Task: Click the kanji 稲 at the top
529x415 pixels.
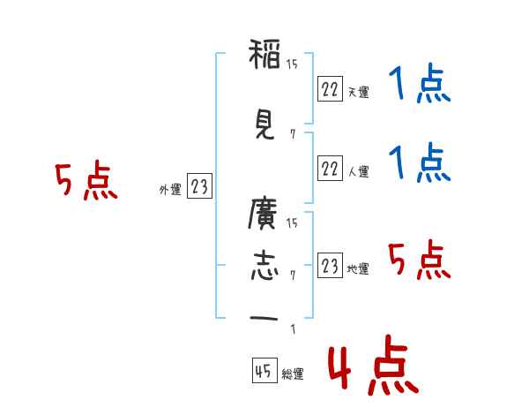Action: point(264,54)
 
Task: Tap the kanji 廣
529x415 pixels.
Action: point(263,214)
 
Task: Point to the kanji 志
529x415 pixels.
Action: point(264,266)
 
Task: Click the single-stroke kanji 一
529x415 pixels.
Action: point(264,318)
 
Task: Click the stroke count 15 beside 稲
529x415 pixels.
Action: point(292,64)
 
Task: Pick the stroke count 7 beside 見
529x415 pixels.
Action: point(293,134)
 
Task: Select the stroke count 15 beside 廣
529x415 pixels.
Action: point(292,223)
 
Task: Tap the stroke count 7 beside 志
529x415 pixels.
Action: point(293,275)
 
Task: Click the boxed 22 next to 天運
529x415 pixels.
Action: point(330,88)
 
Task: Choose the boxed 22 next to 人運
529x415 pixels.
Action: point(330,168)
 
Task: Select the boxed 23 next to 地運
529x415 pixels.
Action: point(330,265)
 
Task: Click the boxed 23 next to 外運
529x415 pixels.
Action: point(199,185)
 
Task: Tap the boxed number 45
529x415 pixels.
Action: point(264,370)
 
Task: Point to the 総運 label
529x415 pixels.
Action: point(293,374)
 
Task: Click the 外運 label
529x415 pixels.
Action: point(170,190)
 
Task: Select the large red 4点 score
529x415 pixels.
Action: point(374,365)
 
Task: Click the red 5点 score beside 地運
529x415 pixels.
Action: point(420,260)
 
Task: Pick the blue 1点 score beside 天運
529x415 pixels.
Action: point(420,83)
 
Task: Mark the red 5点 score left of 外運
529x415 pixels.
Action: point(86,180)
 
